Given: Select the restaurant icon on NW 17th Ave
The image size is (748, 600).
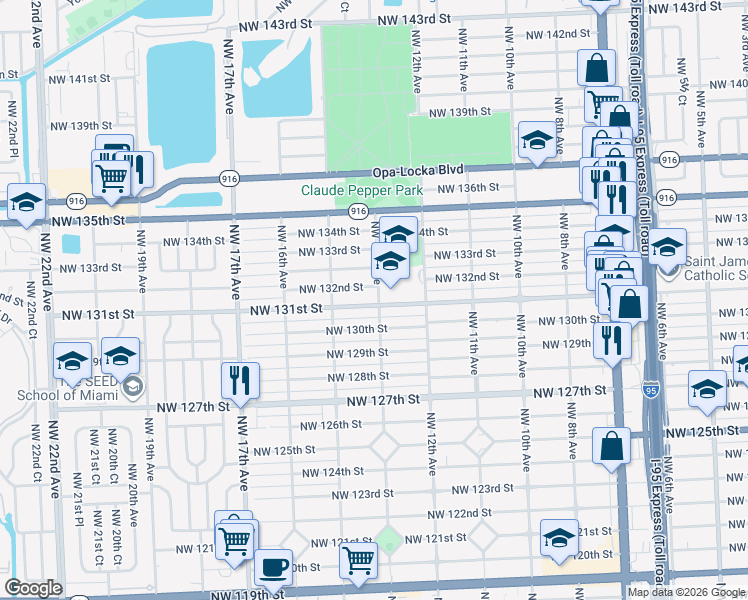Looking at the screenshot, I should pyautogui.click(x=240, y=380).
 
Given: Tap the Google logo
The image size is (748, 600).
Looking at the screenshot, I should pyautogui.click(x=32, y=588).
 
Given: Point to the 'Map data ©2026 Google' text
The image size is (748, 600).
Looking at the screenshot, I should pyautogui.click(x=687, y=592).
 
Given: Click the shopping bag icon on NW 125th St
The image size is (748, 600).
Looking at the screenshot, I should pyautogui.click(x=610, y=447).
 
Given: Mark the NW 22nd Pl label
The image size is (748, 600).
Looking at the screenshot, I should pyautogui.click(x=13, y=129).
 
